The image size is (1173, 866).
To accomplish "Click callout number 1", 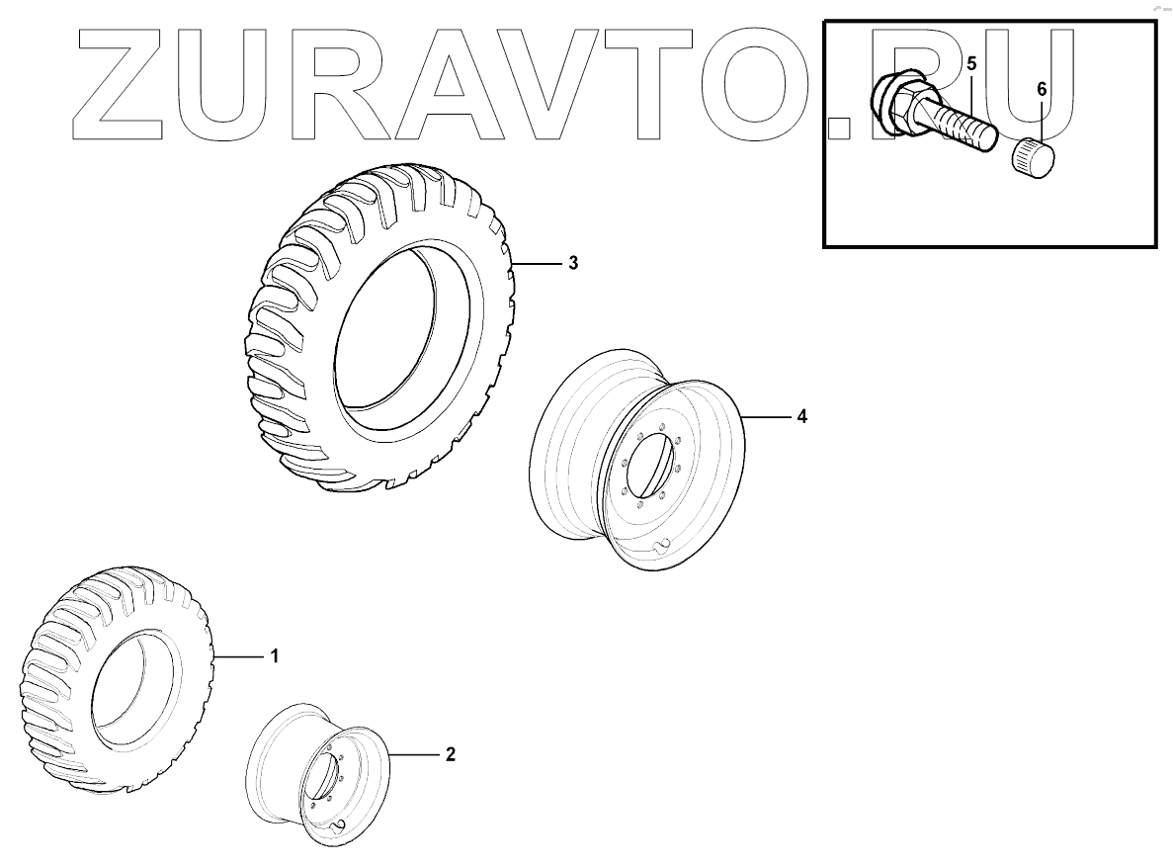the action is (275, 656).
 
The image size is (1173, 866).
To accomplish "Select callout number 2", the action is (450, 754).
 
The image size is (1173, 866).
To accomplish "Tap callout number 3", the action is (572, 264).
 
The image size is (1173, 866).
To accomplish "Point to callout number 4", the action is (801, 417).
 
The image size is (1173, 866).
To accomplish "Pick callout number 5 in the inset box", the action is (971, 64).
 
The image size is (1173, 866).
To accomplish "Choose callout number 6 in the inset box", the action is (1042, 88).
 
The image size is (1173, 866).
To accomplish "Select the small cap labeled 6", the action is (1032, 157).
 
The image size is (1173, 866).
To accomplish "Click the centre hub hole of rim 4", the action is (653, 465).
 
